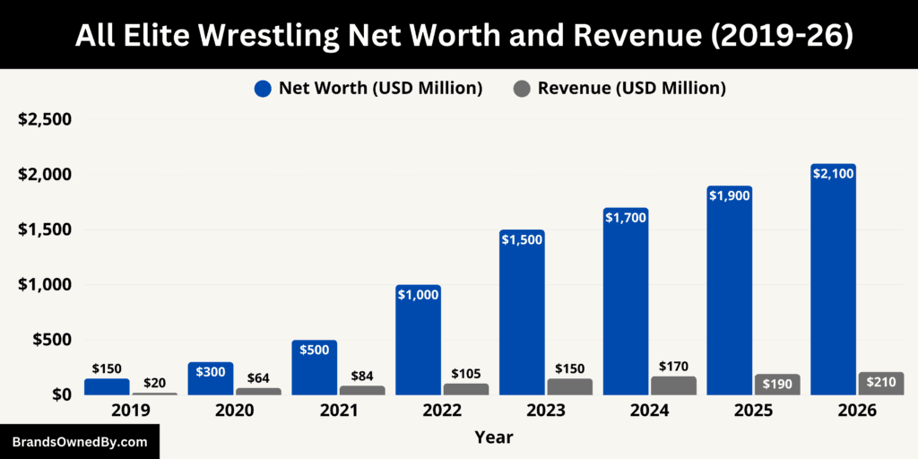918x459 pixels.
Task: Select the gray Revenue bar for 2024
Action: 673,385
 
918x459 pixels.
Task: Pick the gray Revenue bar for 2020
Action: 258,391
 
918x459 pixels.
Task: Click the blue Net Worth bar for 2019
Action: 107,386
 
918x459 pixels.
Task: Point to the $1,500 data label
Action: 522,240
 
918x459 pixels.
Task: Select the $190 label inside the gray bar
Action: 777,385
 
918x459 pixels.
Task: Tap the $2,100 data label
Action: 833,174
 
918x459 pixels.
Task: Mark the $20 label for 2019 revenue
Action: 154,382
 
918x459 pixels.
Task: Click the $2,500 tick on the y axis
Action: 45,119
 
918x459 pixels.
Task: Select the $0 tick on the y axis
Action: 58,394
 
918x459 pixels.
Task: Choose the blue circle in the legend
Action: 263,88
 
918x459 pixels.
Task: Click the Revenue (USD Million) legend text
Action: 631,88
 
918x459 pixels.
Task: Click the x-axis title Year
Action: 494,437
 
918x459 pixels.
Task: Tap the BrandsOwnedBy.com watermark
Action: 79,442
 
